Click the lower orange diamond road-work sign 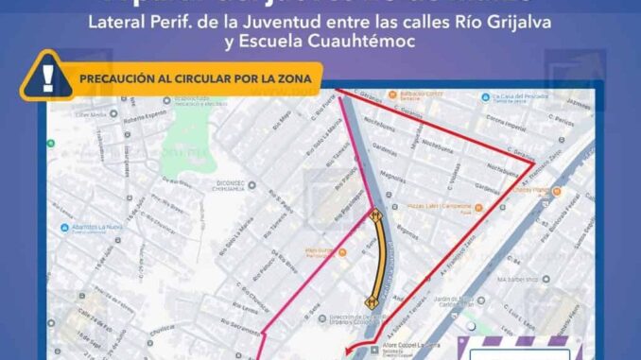pyautogui.click(x=372, y=300)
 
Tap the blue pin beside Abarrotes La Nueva pyautogui.click(x=63, y=227)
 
